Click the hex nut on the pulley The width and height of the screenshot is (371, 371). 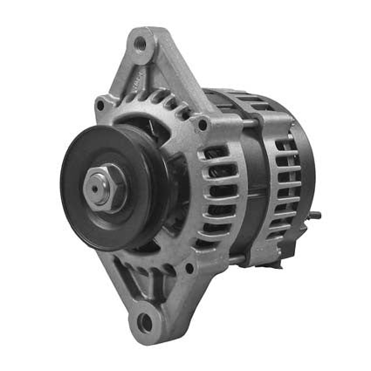tap(100, 186)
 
